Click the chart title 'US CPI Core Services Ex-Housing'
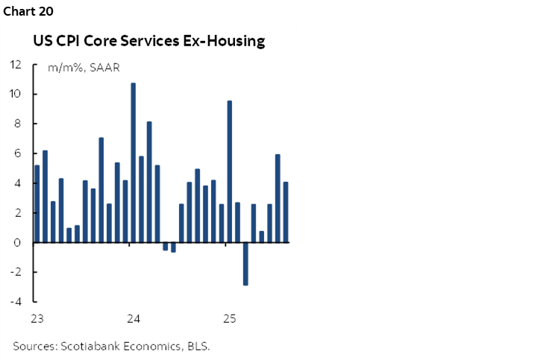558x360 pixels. pos(148,41)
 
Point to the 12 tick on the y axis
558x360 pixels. pos(15,64)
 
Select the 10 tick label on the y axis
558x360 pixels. pos(15,94)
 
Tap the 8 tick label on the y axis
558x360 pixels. pos(17,124)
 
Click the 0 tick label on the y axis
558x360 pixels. pos(17,243)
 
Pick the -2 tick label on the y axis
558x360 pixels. pos(16,273)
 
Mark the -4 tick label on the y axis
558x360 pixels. pos(16,302)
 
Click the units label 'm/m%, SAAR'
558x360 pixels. pos(83,68)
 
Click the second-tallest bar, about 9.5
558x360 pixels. pos(230,171)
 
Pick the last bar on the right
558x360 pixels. pos(286,212)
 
